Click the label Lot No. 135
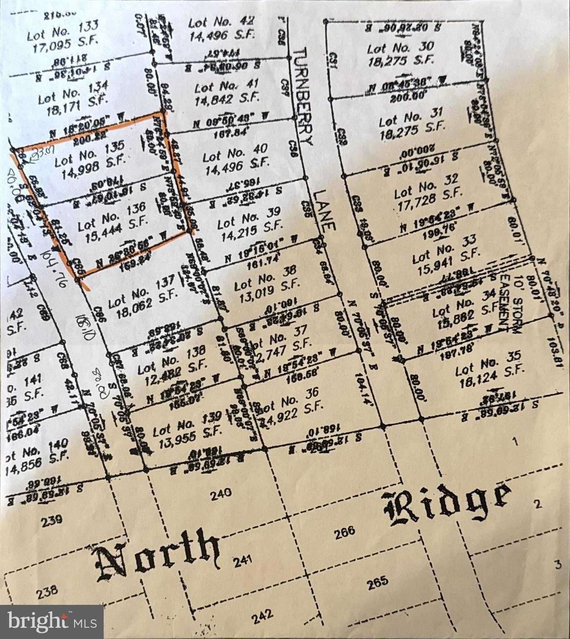pos(90,152)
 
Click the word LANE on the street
pos(325,210)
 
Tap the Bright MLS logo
pos(52,622)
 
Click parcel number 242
pos(262,614)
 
